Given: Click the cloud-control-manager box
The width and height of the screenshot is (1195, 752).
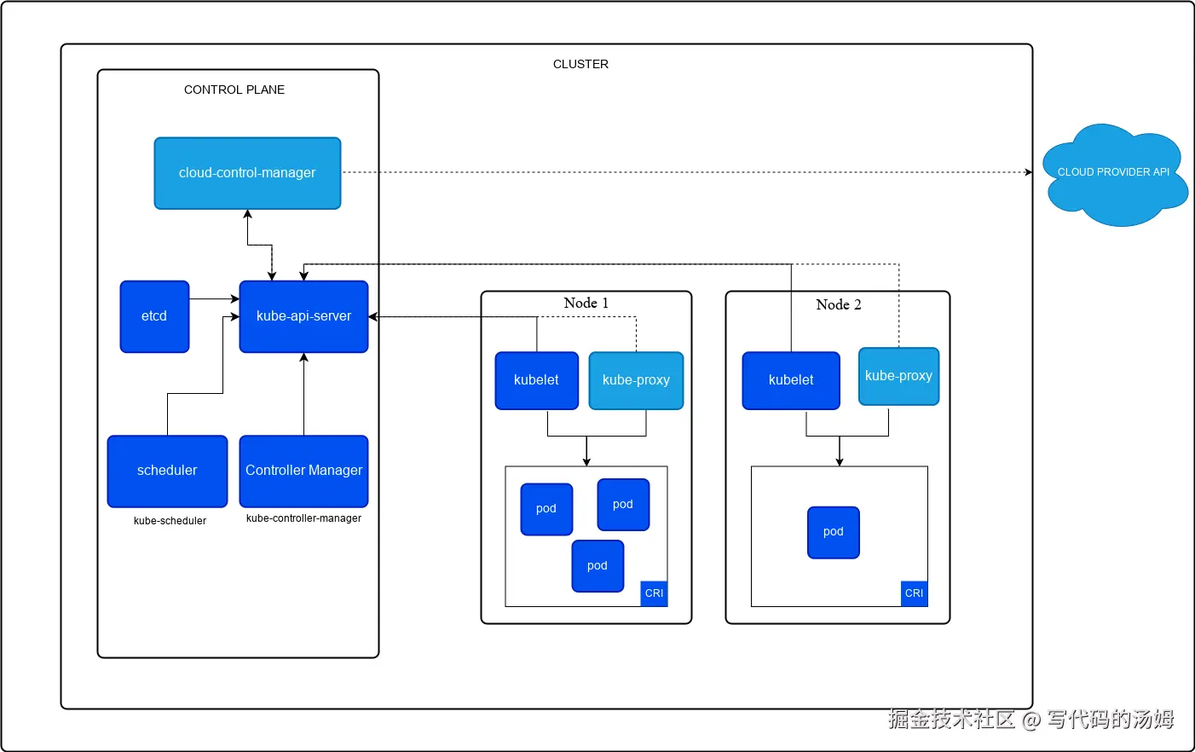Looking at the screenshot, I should pyautogui.click(x=247, y=173).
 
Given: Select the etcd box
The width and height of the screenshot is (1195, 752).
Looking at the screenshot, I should pyautogui.click(x=154, y=316).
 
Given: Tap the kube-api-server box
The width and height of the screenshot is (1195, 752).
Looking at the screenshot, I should pyautogui.click(x=303, y=316).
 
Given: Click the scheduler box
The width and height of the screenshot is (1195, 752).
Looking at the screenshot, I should pyautogui.click(x=167, y=471).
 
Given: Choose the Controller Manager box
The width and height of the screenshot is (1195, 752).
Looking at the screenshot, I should pyautogui.click(x=303, y=471).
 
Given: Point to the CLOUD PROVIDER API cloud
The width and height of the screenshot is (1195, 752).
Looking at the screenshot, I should pyautogui.click(x=1113, y=174).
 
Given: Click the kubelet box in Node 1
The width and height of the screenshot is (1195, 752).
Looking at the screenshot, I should pyautogui.click(x=536, y=380).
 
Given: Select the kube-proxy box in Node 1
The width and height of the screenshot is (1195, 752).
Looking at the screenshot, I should pyautogui.click(x=636, y=380).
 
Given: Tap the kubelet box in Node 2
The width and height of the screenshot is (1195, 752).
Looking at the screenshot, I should pyautogui.click(x=790, y=380).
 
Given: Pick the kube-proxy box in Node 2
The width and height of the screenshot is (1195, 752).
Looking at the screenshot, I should pyautogui.click(x=898, y=376).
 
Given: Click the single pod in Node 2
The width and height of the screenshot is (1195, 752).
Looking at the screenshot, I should pyautogui.click(x=833, y=532).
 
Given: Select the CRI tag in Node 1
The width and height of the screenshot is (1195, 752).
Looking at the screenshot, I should pyautogui.click(x=654, y=593).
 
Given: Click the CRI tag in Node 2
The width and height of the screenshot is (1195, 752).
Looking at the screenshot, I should pyautogui.click(x=914, y=593).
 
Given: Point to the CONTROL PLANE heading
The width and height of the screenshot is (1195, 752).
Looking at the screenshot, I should pyautogui.click(x=234, y=90).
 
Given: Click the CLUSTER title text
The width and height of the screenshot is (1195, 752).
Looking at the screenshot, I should pyautogui.click(x=580, y=64).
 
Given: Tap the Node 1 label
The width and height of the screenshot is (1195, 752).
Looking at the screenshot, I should pyautogui.click(x=586, y=304).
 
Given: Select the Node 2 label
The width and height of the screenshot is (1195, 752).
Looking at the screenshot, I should pyautogui.click(x=838, y=305).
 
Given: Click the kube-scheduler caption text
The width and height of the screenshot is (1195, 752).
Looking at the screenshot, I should pyautogui.click(x=170, y=521).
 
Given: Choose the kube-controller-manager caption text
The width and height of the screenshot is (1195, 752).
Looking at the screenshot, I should pyautogui.click(x=303, y=518).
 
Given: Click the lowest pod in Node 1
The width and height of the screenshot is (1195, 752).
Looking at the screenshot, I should pyautogui.click(x=597, y=566).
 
